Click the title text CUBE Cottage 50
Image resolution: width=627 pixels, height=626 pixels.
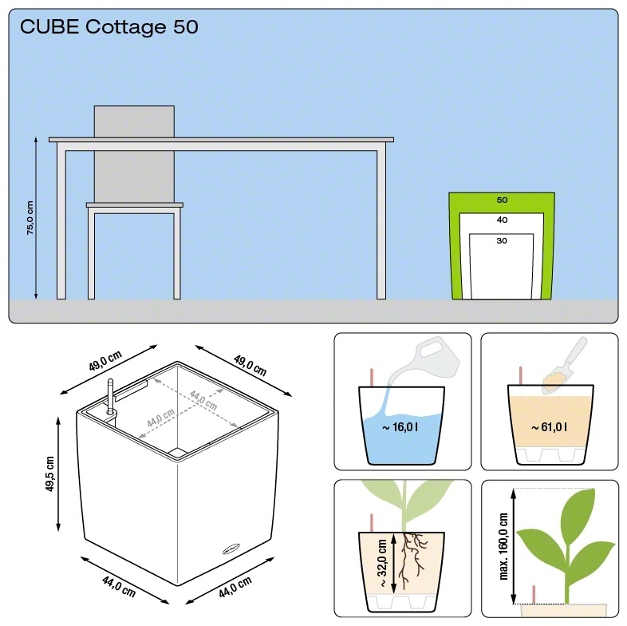(109, 28)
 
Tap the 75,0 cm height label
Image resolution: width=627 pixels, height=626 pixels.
(30, 217)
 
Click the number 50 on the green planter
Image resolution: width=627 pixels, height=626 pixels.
(502, 200)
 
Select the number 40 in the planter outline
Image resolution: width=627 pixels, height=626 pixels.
(502, 220)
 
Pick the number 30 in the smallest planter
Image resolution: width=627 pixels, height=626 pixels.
(502, 240)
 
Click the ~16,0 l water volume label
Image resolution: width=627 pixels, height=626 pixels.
(400, 428)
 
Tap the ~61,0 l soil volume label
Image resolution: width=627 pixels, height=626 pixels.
(550, 428)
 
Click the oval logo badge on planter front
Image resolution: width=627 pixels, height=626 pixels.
(231, 549)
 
